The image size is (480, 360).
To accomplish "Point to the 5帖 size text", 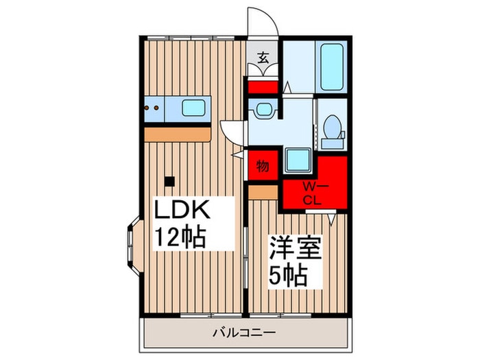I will click(x=286, y=276).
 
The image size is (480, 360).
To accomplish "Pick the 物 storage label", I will click(x=263, y=166).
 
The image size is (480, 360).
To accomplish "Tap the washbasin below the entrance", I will click(x=263, y=108).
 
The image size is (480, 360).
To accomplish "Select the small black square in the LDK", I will click(x=169, y=182).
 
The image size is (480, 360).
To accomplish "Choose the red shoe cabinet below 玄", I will click(x=263, y=88).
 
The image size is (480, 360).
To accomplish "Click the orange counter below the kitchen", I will click(x=177, y=133).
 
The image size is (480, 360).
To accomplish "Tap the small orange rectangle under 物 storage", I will click(x=263, y=192).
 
